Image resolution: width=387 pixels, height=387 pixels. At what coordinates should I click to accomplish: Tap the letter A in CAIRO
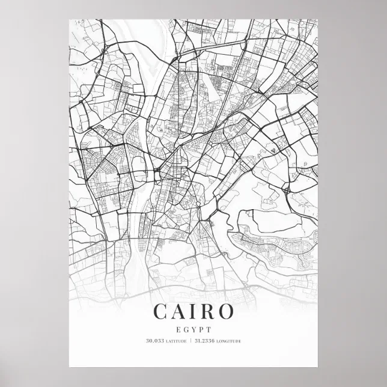180,311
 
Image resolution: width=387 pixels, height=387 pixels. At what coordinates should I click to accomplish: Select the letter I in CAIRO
194,311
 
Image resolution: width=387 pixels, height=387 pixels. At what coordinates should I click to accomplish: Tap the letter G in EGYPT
186,329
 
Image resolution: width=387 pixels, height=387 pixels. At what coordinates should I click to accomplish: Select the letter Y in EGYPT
194,329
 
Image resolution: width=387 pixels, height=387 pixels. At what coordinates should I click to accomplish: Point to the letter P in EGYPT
201,329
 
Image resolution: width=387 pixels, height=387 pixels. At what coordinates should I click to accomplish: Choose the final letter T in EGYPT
209,329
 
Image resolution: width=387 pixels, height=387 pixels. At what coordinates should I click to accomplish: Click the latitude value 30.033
154,341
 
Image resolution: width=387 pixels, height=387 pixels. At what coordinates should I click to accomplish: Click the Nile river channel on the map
139,198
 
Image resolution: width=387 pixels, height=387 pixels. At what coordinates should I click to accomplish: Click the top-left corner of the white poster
69,19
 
